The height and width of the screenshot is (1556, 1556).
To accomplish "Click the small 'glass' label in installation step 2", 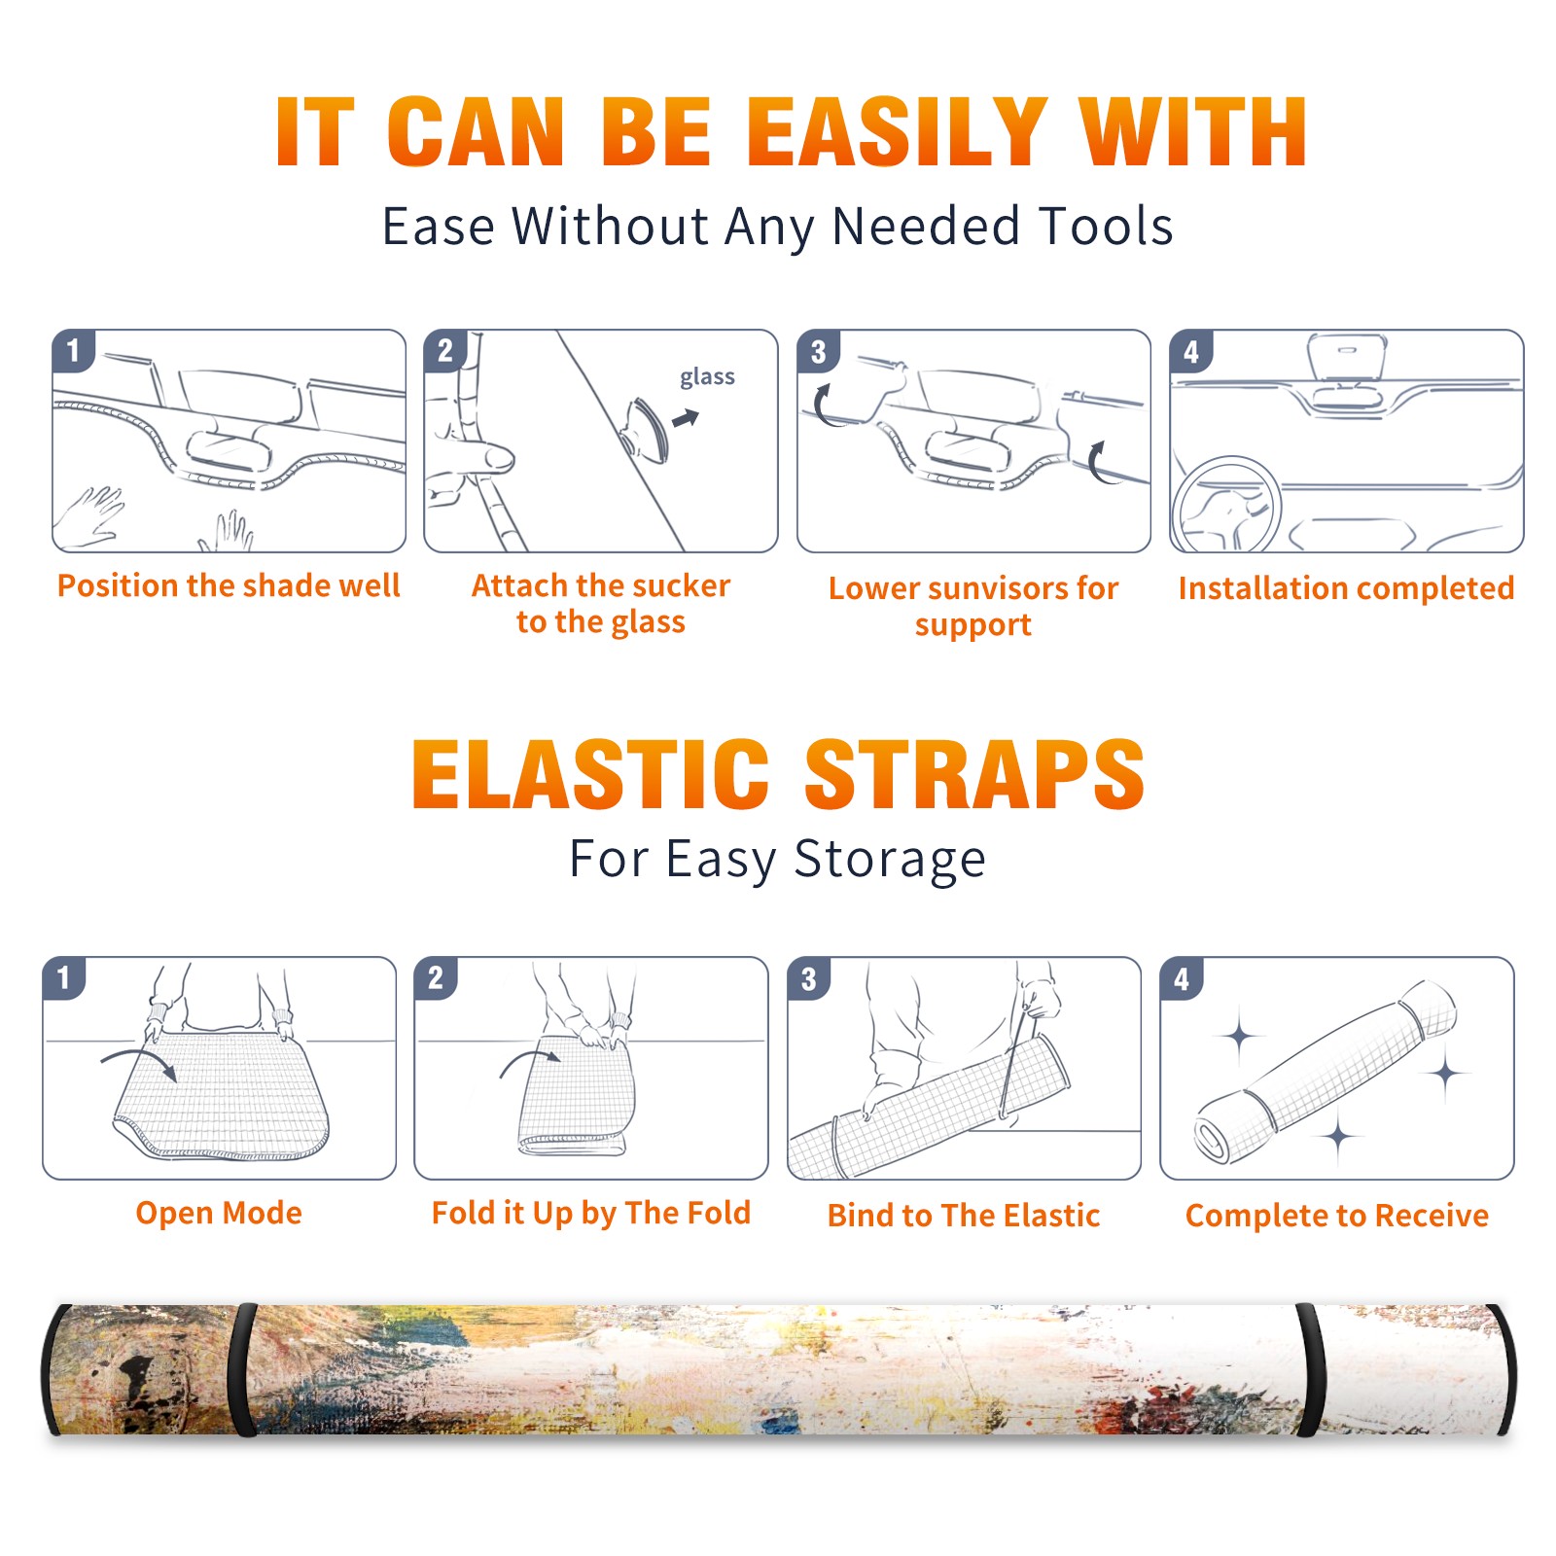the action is tap(707, 377).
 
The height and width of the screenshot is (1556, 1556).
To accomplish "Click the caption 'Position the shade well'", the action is tap(229, 585).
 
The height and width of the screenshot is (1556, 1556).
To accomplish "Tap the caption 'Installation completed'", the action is tap(1346, 588).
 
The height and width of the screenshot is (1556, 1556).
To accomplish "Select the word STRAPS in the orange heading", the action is tap(974, 774).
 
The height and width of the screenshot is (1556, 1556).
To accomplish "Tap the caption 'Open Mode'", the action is tap(219, 1213).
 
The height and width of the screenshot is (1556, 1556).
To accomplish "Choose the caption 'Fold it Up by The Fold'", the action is tap(591, 1213).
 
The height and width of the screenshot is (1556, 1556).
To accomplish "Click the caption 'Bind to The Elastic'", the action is tap(964, 1216).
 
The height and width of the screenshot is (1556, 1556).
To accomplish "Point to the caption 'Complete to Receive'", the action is tap(1337, 1216).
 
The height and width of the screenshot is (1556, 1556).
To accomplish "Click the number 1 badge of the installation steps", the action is tap(73, 350).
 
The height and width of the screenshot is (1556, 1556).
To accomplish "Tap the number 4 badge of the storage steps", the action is tap(1182, 978).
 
